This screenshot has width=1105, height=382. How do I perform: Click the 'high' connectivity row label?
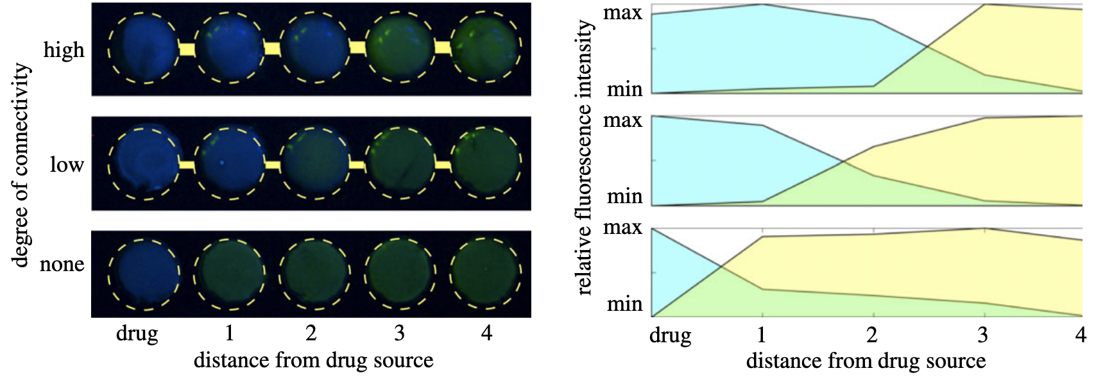pos(64,49)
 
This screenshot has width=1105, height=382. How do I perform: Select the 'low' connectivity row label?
pos(67,165)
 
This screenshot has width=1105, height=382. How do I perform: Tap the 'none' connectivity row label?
pos(62,264)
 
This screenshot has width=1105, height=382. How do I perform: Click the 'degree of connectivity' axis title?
pos(21,164)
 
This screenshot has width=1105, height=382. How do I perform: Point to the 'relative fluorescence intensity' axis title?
pos(584,157)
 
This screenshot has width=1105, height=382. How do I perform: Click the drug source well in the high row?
pos(143,47)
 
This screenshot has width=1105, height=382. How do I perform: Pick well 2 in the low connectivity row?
pos(314,163)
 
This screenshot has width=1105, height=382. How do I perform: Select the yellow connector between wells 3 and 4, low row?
pos(443,165)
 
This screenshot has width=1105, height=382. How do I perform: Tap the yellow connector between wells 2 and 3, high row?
pos(357,47)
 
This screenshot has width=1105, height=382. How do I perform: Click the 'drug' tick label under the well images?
pos(137,334)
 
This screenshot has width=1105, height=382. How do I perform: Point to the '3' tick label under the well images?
pos(399,333)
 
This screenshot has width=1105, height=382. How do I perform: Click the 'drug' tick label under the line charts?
pos(671,336)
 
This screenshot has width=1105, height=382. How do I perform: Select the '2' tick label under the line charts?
pos(871,335)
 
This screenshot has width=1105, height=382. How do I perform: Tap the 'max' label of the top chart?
pos(622,13)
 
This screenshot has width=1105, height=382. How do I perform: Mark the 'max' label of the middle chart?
pos(622,120)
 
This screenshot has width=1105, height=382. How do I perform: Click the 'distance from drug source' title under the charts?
pos(866,361)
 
